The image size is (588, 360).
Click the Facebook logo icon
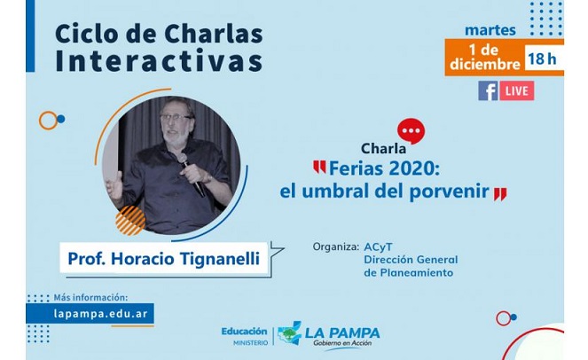click(488, 90)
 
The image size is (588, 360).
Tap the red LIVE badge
click(517, 90)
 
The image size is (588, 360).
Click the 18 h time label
click(542, 59)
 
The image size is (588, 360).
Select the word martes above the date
click(490, 30)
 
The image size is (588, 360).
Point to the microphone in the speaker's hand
click(192, 175)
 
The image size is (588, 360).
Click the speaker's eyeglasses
click(175, 117)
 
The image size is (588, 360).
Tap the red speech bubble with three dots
click(411, 131)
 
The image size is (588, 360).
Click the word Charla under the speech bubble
click(383, 149)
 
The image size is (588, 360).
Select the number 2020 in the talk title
click(411, 169)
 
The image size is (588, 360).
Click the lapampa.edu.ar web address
click(100, 314)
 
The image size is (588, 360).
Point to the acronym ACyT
click(378, 247)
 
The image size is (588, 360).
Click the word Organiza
click(336, 247)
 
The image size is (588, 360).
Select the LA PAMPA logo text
click(342, 333)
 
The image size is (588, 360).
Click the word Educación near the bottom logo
click(244, 332)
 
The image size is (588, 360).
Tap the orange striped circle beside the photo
click(130, 221)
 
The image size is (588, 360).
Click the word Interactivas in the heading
click(159, 61)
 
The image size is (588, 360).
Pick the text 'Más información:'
click(90, 297)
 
